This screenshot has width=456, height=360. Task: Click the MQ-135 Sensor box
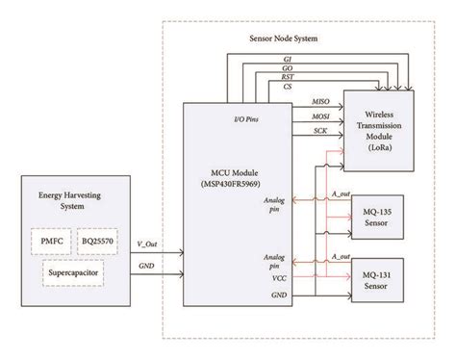pyautogui.click(x=381, y=215)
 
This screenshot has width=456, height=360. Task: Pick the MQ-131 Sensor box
pyautogui.click(x=381, y=279)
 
